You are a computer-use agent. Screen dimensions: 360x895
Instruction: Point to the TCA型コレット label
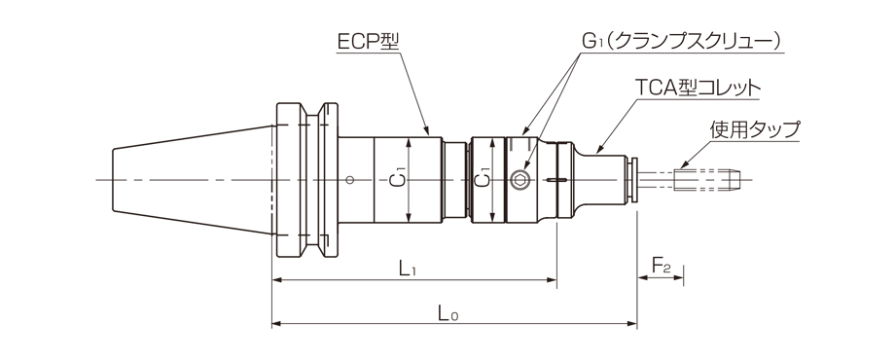coord(697,88)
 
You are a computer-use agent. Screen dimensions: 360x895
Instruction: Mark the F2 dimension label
coord(661,265)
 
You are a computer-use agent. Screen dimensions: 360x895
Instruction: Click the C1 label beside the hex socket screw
coord(483,180)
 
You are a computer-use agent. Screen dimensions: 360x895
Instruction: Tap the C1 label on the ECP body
coord(396,180)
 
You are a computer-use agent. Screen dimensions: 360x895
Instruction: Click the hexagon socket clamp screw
coord(521,179)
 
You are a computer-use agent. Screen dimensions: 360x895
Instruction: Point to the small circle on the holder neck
coord(349,179)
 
